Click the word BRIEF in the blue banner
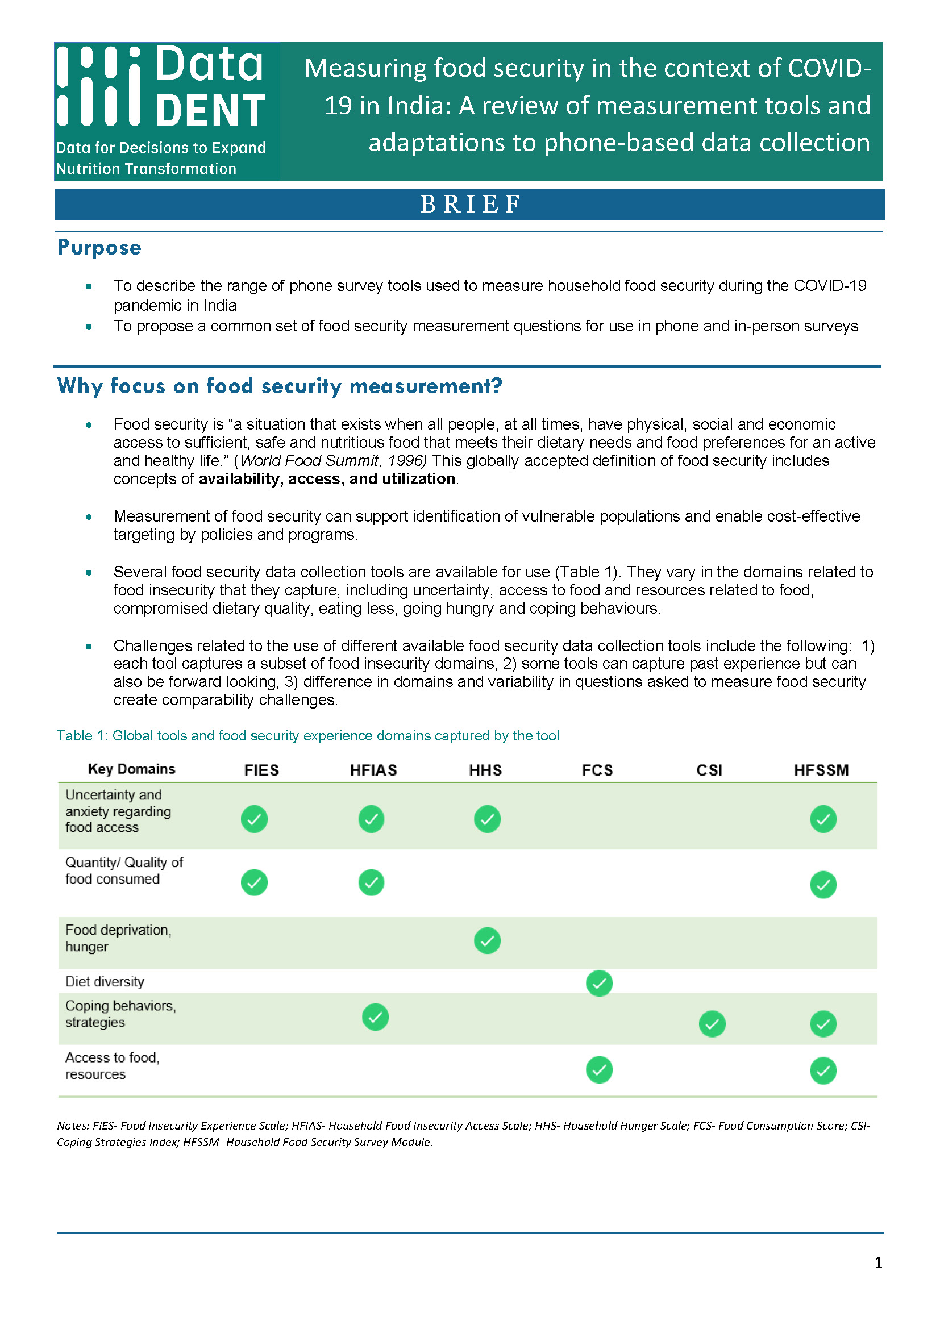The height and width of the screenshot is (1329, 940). (470, 205)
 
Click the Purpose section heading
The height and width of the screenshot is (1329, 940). (99, 248)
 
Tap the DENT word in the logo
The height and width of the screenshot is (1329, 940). (211, 111)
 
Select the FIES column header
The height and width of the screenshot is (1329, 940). (261, 770)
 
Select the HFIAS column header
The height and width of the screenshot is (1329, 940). (373, 770)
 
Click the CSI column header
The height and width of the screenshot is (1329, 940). (709, 770)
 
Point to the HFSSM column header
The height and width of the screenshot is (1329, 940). (821, 770)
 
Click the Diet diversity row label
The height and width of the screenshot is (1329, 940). (105, 982)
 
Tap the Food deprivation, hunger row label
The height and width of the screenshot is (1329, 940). (118, 938)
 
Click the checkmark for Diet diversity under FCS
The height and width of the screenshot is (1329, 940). (599, 983)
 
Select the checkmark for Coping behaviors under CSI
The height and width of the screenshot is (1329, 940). (712, 1024)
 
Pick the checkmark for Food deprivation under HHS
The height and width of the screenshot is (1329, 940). (488, 940)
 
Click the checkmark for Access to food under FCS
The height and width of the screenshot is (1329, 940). (599, 1070)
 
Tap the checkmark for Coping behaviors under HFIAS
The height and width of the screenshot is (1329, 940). (375, 1017)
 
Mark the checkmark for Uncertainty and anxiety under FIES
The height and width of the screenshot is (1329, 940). (254, 819)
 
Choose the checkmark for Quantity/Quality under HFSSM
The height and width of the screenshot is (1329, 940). (823, 885)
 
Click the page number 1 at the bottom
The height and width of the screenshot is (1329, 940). (878, 1263)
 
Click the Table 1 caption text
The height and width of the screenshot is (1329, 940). (307, 735)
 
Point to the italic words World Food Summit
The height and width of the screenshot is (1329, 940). (310, 461)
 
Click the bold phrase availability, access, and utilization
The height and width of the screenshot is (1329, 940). (326, 478)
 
